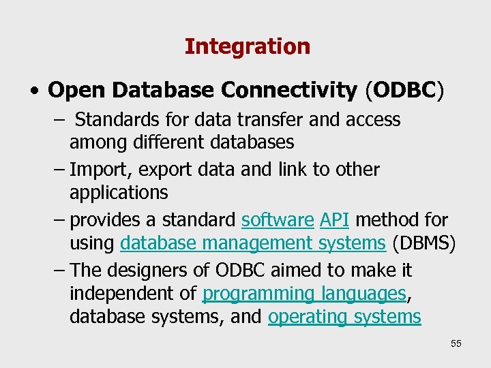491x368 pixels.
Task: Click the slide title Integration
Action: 247,46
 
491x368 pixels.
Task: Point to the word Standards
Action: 119,120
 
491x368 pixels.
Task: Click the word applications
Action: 119,193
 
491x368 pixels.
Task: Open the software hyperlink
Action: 278,220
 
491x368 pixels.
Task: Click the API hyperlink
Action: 335,220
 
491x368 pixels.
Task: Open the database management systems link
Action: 252,243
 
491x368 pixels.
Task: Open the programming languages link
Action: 304,294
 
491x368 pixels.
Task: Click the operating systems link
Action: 344,318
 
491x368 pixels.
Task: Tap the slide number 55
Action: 456,343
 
